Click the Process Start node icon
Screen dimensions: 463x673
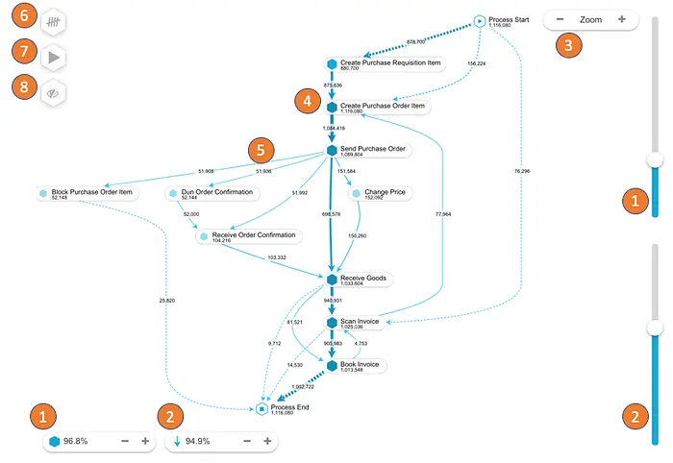pos(480,21)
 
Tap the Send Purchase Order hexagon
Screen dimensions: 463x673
pos(332,150)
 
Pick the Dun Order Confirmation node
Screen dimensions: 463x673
pos(216,192)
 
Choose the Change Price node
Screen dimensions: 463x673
pos(385,192)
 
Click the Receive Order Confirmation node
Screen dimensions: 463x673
pos(254,235)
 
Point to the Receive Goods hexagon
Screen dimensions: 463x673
pos(332,279)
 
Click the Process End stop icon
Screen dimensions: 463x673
pos(262,409)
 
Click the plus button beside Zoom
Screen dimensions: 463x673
pos(622,19)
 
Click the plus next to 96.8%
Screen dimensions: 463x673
pos(145,441)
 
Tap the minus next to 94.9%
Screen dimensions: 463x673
pos(247,441)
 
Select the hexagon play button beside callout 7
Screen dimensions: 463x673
pos(54,58)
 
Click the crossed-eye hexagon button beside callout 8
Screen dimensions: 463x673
pos(54,94)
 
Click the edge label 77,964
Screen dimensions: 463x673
pos(443,213)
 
